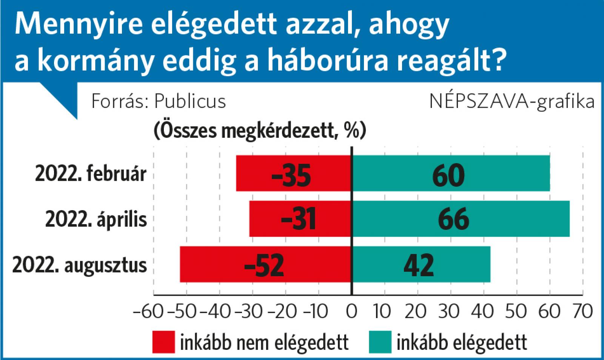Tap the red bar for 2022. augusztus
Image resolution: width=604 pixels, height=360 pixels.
point(211,264)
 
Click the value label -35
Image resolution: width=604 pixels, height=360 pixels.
point(291,175)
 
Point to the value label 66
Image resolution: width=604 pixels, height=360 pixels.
point(453,219)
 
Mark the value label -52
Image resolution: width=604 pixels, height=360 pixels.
point(264,265)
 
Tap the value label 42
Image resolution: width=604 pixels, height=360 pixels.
point(419,265)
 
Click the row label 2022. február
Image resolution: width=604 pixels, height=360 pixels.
point(91,174)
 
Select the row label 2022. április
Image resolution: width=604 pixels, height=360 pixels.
point(96,219)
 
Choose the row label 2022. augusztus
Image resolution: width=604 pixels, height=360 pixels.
point(79,265)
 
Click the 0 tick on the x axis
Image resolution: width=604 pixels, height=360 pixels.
point(351,312)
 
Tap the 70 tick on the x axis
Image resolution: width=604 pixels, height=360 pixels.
point(582,312)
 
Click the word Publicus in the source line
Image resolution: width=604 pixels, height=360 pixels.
point(190,101)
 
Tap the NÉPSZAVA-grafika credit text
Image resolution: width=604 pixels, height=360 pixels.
point(512,101)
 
